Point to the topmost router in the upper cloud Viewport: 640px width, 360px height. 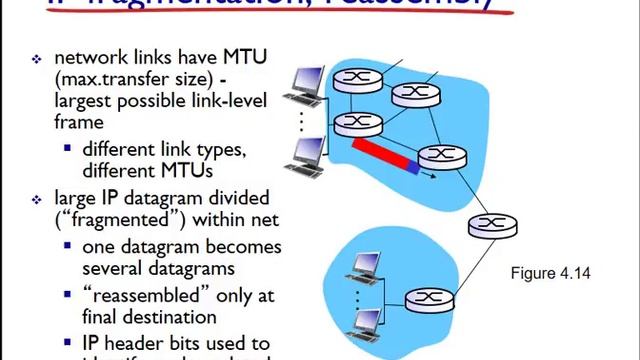coord(351,78)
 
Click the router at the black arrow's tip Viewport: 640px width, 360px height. coord(437,156)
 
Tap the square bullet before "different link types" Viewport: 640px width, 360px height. coord(68,148)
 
